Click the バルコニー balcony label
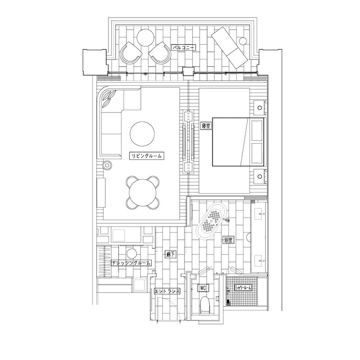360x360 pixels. click(x=184, y=48)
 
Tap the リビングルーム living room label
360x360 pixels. click(x=146, y=156)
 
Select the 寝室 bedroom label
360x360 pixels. click(x=206, y=126)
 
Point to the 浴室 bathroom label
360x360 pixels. click(x=228, y=240)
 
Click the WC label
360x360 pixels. click(x=203, y=288)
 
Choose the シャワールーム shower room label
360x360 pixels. click(x=243, y=288)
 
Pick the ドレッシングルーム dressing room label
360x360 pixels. click(x=131, y=263)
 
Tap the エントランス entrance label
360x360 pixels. click(x=167, y=291)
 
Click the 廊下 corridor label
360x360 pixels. click(x=171, y=254)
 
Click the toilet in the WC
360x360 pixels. click(x=204, y=306)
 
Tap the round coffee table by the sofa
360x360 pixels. click(x=142, y=134)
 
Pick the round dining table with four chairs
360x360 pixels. click(x=142, y=193)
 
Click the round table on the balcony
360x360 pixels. click(x=146, y=38)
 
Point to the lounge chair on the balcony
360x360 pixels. click(x=229, y=48)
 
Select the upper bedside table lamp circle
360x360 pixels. click(x=260, y=108)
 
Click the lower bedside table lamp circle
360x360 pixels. click(x=260, y=176)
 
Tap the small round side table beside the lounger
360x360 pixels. click(x=243, y=41)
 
